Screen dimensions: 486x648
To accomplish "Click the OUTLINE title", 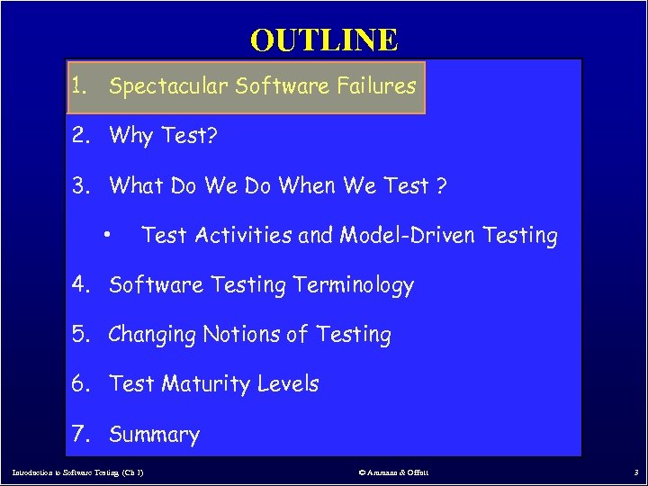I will click(x=324, y=40).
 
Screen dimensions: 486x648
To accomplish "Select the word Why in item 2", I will click(x=131, y=136).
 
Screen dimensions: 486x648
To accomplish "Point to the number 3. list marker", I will click(x=83, y=185).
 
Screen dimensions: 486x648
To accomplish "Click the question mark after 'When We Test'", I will click(x=441, y=185).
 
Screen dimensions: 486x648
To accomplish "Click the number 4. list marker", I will click(x=83, y=285).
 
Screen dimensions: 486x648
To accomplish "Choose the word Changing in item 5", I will click(x=152, y=335).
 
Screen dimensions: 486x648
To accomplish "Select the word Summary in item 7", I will click(x=154, y=435).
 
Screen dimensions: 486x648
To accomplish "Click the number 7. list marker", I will click(x=83, y=435).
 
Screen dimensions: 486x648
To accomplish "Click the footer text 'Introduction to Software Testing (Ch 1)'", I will click(x=77, y=472).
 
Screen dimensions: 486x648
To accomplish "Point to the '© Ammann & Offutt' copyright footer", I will click(x=393, y=472).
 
